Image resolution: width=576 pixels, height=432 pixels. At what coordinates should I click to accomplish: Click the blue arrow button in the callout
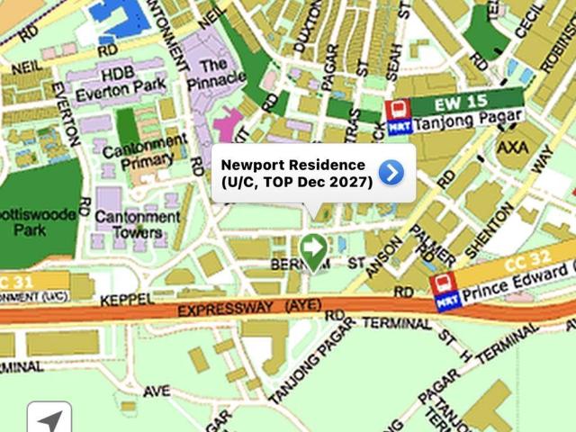[x=391, y=172]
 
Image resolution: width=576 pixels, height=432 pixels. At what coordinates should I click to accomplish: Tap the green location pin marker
[x=313, y=249]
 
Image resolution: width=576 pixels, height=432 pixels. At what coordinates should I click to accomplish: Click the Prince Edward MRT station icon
[x=443, y=292]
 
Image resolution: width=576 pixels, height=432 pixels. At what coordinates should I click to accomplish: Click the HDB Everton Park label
[x=121, y=82]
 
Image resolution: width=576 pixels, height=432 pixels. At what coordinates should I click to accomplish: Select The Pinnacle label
[x=215, y=73]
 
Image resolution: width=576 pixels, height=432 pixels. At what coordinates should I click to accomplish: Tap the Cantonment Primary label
[x=145, y=151]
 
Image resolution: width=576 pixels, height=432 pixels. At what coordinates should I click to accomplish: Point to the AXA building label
[x=513, y=147]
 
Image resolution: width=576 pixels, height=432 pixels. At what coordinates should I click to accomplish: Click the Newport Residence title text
[x=293, y=165]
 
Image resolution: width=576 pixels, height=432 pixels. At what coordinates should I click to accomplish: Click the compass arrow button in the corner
[x=49, y=418]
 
